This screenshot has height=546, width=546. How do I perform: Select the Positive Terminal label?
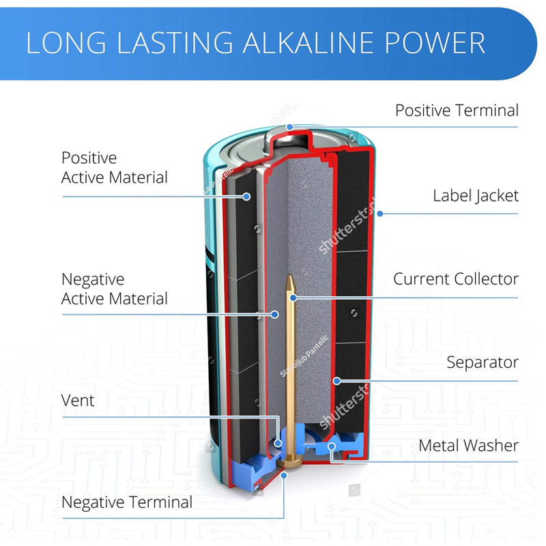tap(457, 111)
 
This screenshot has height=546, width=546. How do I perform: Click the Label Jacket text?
tap(475, 196)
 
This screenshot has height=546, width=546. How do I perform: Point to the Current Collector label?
tap(455, 279)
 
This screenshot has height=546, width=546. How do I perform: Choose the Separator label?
tap(482, 362)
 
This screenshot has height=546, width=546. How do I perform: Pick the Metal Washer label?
tap(468, 446)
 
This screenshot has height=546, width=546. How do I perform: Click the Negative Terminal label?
tap(127, 503)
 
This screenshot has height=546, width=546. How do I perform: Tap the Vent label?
tap(78, 401)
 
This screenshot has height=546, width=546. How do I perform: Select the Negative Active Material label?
tap(114, 289)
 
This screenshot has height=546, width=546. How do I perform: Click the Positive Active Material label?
tap(114, 168)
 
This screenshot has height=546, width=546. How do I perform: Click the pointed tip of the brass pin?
tap(291, 278)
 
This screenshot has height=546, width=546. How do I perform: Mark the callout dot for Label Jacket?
tap(380, 213)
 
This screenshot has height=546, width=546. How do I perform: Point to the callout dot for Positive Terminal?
tap(290, 127)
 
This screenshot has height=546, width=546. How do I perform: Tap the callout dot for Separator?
tap(336, 380)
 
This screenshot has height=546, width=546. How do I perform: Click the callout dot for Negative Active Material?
tap(275, 315)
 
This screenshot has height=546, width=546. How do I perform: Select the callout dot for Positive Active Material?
tap(247, 197)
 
